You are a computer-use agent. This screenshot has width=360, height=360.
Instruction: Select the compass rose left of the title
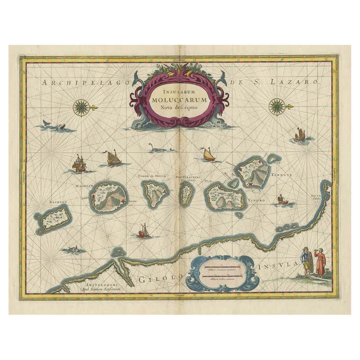[81, 107]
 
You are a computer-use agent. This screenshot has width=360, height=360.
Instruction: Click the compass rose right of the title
[277, 107]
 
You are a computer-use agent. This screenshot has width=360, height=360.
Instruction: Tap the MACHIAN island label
[84, 185]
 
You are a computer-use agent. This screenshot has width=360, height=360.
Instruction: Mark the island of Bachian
[54, 219]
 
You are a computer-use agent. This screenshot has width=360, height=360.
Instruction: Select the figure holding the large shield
[308, 263]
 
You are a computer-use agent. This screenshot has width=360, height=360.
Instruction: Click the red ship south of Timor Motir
[144, 231]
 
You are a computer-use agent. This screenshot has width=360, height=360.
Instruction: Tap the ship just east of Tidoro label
[282, 200]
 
